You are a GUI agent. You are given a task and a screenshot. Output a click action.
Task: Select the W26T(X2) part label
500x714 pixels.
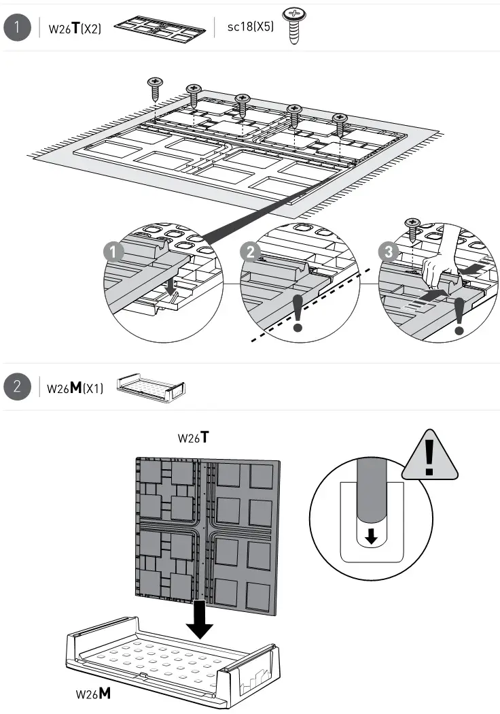pyautogui.click(x=75, y=30)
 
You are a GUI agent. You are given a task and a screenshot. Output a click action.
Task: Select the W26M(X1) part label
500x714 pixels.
pyautogui.click(x=75, y=389)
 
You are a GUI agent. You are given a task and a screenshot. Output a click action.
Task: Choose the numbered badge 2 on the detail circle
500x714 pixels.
pyautogui.click(x=251, y=252)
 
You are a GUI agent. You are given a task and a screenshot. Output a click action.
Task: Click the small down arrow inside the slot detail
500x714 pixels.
pyautogui.click(x=370, y=537)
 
